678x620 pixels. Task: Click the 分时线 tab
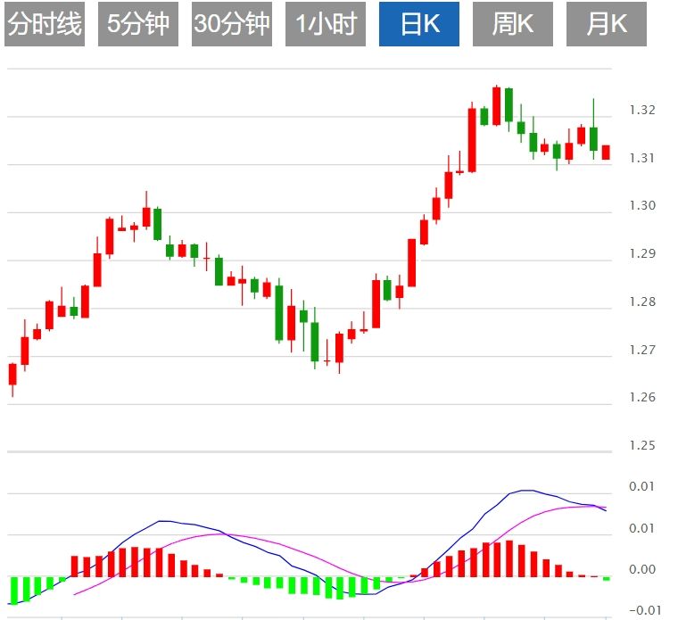coord(44,24)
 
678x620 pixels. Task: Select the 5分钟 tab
coord(137,24)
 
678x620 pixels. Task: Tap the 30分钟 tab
coord(231,24)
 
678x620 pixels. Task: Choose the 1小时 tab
coord(326,24)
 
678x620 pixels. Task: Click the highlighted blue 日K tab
coord(419,24)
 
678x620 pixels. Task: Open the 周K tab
coord(513,24)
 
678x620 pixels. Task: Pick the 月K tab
coord(607,24)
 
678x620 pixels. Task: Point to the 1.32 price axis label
coord(642,110)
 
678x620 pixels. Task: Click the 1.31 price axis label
coord(642,158)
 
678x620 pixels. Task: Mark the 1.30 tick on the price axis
coord(642,205)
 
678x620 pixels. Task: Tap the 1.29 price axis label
coord(642,253)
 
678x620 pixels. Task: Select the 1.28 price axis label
coord(642,302)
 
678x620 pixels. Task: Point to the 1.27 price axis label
coord(642,350)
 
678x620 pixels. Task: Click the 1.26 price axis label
coord(642,397)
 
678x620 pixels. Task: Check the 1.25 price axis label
coord(642,445)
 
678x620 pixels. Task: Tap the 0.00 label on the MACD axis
coord(642,569)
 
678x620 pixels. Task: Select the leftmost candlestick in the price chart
coord(12,374)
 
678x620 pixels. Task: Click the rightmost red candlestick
coord(606,153)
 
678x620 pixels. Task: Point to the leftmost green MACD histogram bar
coord(13,590)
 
